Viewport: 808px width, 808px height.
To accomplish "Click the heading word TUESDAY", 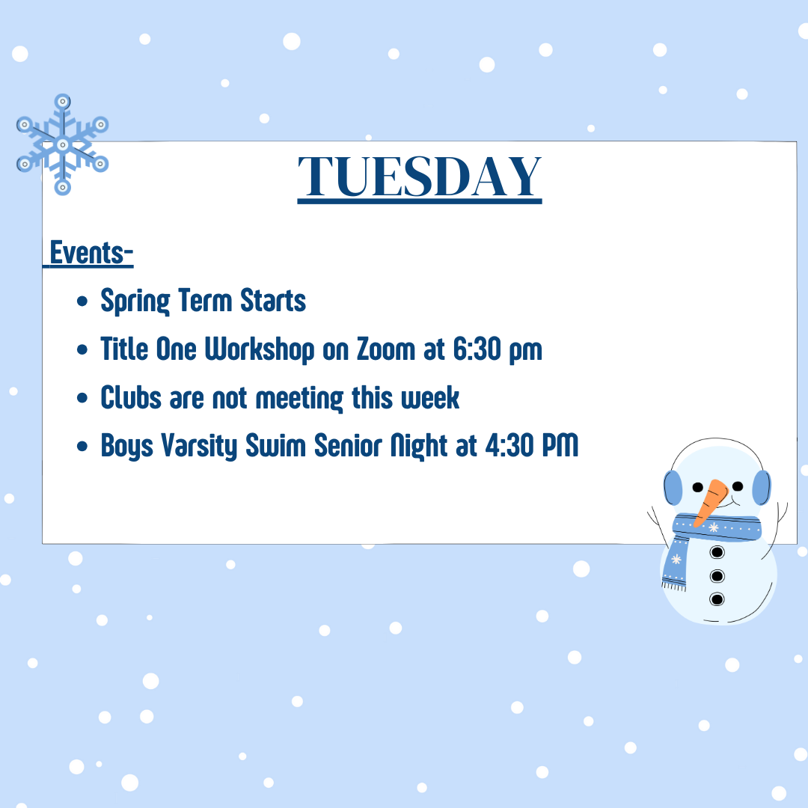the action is pyautogui.click(x=420, y=177).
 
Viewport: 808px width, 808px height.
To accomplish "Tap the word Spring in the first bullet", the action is pyautogui.click(x=135, y=301).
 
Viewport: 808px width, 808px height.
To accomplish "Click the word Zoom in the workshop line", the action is pyautogui.click(x=386, y=349).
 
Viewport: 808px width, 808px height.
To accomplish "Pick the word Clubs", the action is pyautogui.click(x=131, y=397).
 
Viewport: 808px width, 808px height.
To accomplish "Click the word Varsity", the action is pyautogui.click(x=199, y=446).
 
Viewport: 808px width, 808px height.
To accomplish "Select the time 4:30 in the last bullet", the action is pyautogui.click(x=509, y=445).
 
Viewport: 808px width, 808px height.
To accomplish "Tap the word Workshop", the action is pyautogui.click(x=260, y=349).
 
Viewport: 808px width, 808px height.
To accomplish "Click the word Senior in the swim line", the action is pyautogui.click(x=349, y=445).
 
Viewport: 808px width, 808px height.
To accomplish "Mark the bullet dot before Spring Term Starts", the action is pyautogui.click(x=82, y=301).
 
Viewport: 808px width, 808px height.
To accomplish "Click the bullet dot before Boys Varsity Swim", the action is pyautogui.click(x=82, y=446).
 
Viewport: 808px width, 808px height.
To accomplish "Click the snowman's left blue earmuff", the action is pyautogui.click(x=673, y=488).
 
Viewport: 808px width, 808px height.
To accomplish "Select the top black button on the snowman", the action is pyautogui.click(x=717, y=552).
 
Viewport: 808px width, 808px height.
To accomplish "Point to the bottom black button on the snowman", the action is pyautogui.click(x=717, y=599).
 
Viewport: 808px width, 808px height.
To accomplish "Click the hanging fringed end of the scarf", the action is pyautogui.click(x=675, y=567).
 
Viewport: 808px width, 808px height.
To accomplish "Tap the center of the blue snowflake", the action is pyautogui.click(x=62, y=145).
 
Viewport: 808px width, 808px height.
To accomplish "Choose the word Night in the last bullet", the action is pyautogui.click(x=419, y=446).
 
